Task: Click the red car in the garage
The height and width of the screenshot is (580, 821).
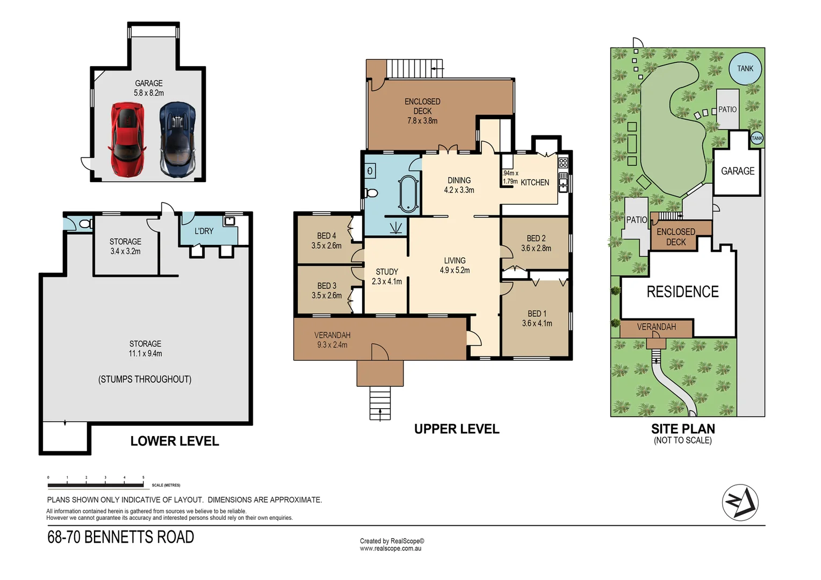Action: [x=127, y=140]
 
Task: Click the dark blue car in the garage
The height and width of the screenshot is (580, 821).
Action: [x=177, y=140]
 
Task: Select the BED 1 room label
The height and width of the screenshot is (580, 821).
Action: [x=537, y=314]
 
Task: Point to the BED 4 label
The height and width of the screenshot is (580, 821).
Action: [x=326, y=236]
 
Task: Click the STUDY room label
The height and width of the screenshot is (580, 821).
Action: [x=387, y=272]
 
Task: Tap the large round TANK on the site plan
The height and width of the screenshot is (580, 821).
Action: [x=745, y=68]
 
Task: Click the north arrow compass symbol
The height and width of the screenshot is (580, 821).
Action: [x=740, y=502]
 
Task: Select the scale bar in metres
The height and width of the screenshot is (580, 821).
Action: [x=96, y=485]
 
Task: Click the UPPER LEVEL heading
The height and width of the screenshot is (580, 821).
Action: [x=457, y=429]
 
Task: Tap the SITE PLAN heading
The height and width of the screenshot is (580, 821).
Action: [x=683, y=429]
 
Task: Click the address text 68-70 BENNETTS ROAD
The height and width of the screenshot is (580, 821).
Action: [x=121, y=537]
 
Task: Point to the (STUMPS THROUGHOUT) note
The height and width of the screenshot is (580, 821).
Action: [x=145, y=379]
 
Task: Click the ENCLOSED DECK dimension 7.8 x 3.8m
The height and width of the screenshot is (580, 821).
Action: [x=422, y=121]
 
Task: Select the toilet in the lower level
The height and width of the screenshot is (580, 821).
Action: [x=85, y=224]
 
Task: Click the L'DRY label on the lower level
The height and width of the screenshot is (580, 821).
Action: [x=204, y=231]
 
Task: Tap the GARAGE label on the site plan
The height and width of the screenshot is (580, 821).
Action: [x=737, y=171]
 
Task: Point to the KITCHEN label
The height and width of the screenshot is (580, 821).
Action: [x=535, y=183]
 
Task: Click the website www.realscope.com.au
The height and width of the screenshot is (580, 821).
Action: [x=391, y=548]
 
